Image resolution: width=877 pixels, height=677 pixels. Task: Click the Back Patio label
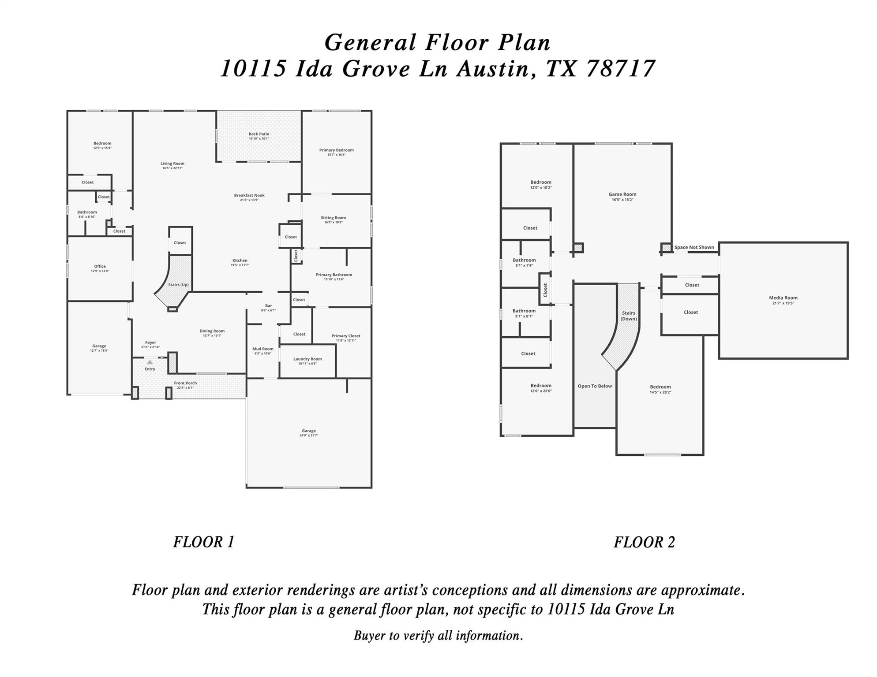[259, 134]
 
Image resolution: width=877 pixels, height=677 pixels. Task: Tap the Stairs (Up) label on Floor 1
[178, 285]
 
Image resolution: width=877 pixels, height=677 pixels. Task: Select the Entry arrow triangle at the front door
[150, 362]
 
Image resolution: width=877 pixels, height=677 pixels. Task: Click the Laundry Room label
[307, 359]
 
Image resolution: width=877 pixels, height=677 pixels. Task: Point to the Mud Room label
[263, 349]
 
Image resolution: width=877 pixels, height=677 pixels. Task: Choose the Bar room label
[268, 305]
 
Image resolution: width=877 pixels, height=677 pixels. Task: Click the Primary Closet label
[346, 336]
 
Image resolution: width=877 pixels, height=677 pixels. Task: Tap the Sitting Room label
[333, 217]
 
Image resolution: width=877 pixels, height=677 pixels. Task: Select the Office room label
[100, 266]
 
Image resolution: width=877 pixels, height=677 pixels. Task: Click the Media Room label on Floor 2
[783, 298]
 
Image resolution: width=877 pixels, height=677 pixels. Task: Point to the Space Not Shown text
[694, 247]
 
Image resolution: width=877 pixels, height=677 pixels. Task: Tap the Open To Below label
[595, 386]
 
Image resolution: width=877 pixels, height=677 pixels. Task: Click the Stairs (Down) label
[629, 316]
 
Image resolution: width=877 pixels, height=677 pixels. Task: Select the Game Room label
[622, 194]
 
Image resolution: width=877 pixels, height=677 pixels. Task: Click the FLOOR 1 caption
[203, 542]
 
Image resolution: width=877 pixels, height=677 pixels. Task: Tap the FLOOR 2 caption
[644, 542]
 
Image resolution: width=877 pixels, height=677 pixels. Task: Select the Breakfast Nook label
[249, 195]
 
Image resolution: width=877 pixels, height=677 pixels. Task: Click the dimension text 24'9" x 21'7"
[309, 435]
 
